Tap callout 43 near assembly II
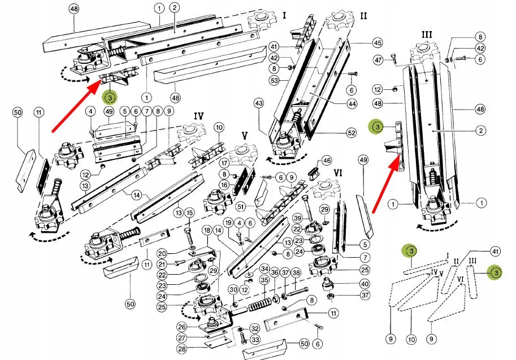coord(259,104)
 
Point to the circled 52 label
coord(352,132)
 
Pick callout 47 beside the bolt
coord(378,59)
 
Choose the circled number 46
coord(326,161)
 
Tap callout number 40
coord(365,284)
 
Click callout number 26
coord(181,327)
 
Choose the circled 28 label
coord(181,348)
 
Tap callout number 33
coord(254,340)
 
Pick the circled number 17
coord(224,164)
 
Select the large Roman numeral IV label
coord(198,116)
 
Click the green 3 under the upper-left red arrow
coord(109,97)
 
